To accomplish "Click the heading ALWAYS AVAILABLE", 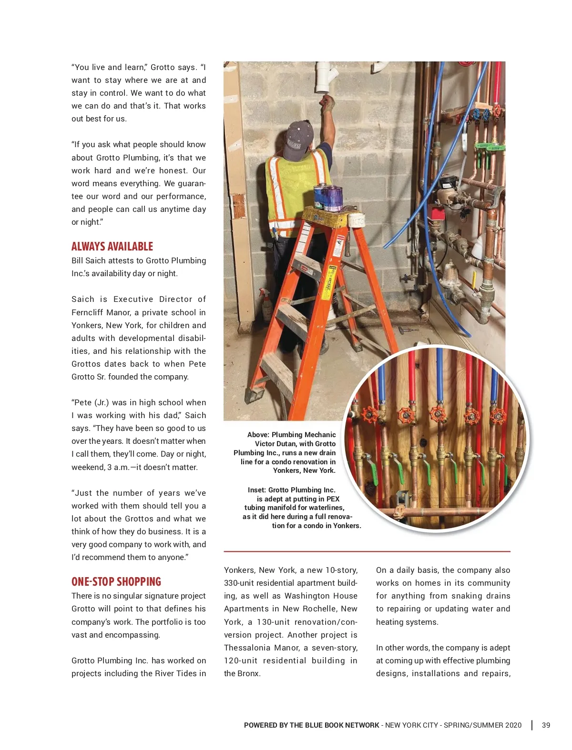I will pos(112,247).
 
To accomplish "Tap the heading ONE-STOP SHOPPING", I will pos(116,582).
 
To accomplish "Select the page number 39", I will pos(546,725).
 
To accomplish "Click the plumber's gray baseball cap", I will pos(298,139).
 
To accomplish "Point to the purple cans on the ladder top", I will pos(329,197).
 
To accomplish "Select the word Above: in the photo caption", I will pos(258,435).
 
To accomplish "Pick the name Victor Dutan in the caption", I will pos(276,444).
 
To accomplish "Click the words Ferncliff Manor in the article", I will pos(101,312).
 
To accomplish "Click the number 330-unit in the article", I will pos(240,583).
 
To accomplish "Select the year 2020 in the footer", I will pos(513,725).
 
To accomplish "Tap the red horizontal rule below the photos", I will pos(367,551).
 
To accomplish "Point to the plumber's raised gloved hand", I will pos(327,102).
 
